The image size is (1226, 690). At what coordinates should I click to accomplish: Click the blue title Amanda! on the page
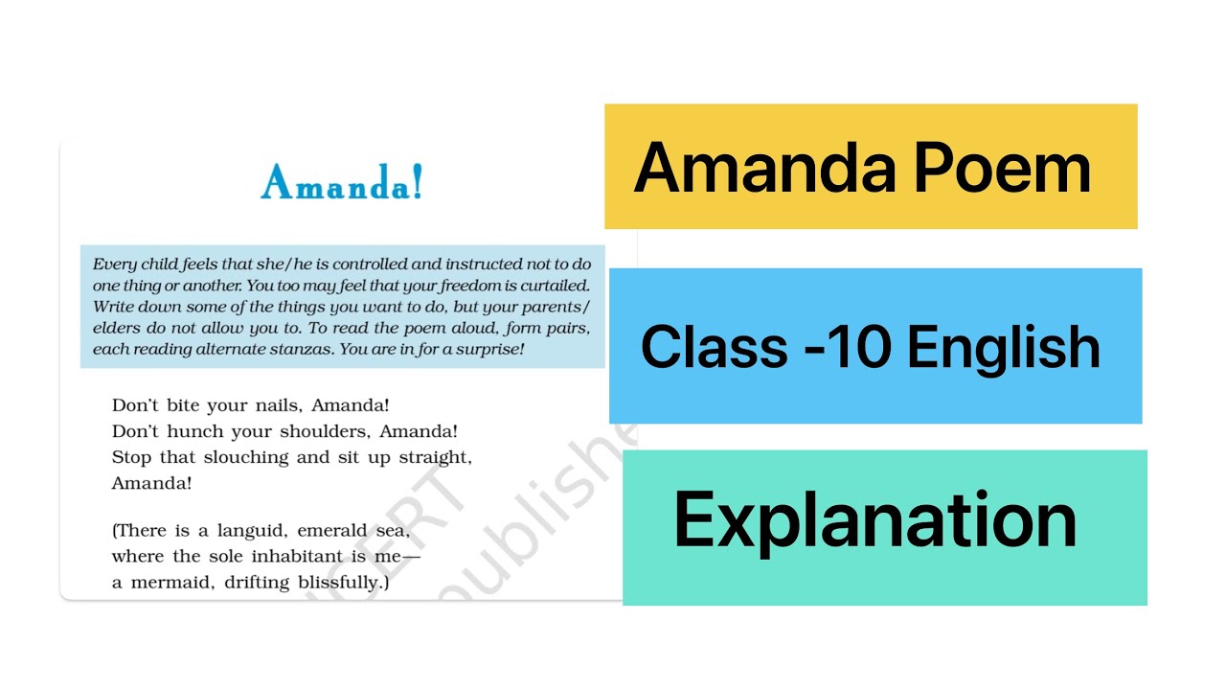tap(341, 182)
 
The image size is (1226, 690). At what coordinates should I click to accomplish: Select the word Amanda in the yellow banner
tap(763, 168)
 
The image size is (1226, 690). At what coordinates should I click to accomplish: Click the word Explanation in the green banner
tap(875, 520)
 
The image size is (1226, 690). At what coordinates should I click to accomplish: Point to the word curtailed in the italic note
tap(548, 286)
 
